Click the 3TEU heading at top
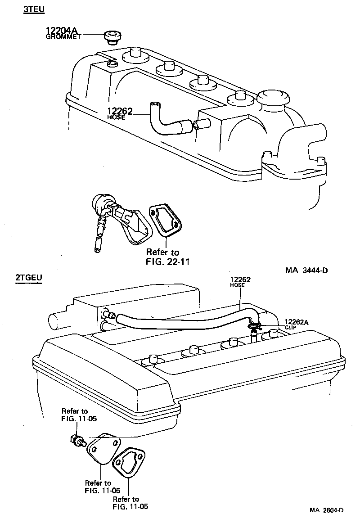coord(34,9)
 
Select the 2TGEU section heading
coord(29,278)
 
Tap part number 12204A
coord(62,31)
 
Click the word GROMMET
coord(63,37)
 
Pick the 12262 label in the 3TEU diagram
coord(119,111)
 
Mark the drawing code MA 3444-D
coord(306,271)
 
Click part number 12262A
coord(296,321)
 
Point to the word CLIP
coord(291,327)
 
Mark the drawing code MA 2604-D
coord(326,509)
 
